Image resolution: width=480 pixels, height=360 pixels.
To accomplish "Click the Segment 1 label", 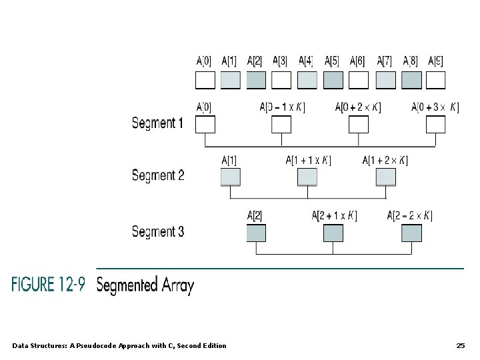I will [157, 123].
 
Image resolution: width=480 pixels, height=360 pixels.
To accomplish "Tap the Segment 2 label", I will [157, 175].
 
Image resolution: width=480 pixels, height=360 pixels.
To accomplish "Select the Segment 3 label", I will [157, 232].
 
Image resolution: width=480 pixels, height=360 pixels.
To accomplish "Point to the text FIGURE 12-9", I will [48, 285].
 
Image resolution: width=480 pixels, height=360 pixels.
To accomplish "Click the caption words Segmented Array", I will [145, 285].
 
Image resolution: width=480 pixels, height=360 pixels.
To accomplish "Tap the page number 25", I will [460, 345].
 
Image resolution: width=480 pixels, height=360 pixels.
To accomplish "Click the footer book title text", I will [119, 345].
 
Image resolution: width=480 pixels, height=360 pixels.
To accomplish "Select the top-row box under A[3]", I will [281, 80].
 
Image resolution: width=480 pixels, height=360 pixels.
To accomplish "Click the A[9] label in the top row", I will [435, 61].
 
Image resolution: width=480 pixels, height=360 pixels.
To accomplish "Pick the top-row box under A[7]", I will [385, 80].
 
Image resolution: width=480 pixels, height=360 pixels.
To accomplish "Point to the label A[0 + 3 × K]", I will [435, 107].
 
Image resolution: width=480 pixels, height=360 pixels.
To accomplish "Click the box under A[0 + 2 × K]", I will [359, 125].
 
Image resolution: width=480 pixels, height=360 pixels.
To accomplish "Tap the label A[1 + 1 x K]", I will [308, 160].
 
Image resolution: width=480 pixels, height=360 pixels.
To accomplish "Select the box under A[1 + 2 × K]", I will [385, 177].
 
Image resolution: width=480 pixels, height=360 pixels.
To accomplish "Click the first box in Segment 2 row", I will [230, 177].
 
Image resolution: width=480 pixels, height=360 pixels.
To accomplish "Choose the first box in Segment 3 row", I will [256, 233].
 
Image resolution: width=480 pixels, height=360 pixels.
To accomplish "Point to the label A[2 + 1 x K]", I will [334, 216].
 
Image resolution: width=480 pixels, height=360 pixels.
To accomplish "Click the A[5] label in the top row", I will [332, 61].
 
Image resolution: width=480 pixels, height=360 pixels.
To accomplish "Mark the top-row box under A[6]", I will [359, 80].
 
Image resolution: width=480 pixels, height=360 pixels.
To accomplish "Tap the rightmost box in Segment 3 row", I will [411, 233].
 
